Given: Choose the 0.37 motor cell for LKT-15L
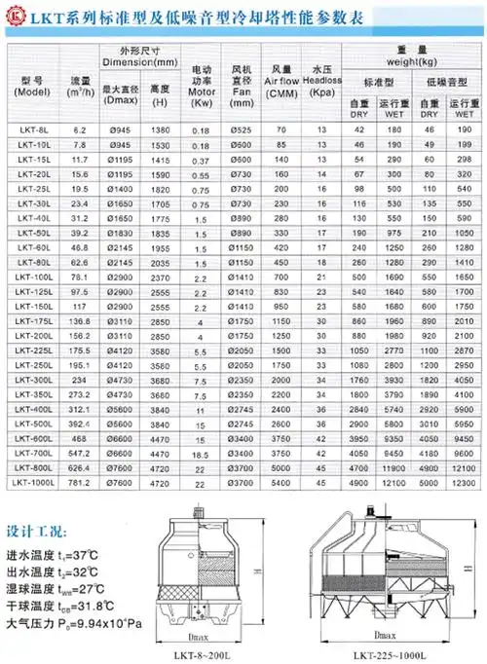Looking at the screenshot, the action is click(201, 157).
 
